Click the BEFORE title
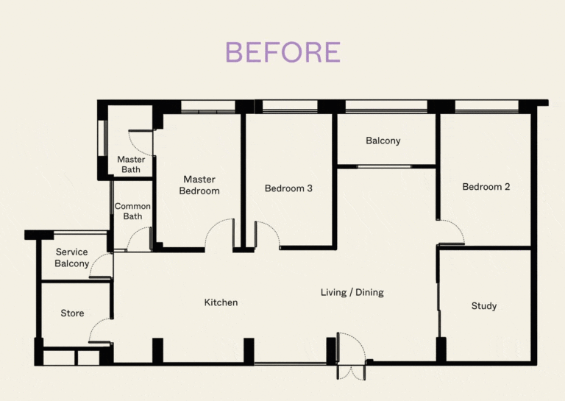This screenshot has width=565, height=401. tap(282, 52)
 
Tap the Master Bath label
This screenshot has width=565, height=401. tap(131, 165)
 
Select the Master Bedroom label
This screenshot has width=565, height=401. tap(199, 185)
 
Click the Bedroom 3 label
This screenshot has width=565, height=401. tap(288, 188)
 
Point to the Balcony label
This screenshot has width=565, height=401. tap(383, 141)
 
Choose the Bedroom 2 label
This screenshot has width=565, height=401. tap(486, 187)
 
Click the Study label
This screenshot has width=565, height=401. tap(483, 306)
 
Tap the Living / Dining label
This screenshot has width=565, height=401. tap(352, 293)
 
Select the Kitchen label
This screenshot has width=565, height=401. tap(221, 302)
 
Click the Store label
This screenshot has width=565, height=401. tap(72, 313)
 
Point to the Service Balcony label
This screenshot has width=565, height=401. tap(72, 258)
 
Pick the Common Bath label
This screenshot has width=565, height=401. tap(132, 211)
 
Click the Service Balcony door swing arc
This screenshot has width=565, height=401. tap(99, 267)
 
